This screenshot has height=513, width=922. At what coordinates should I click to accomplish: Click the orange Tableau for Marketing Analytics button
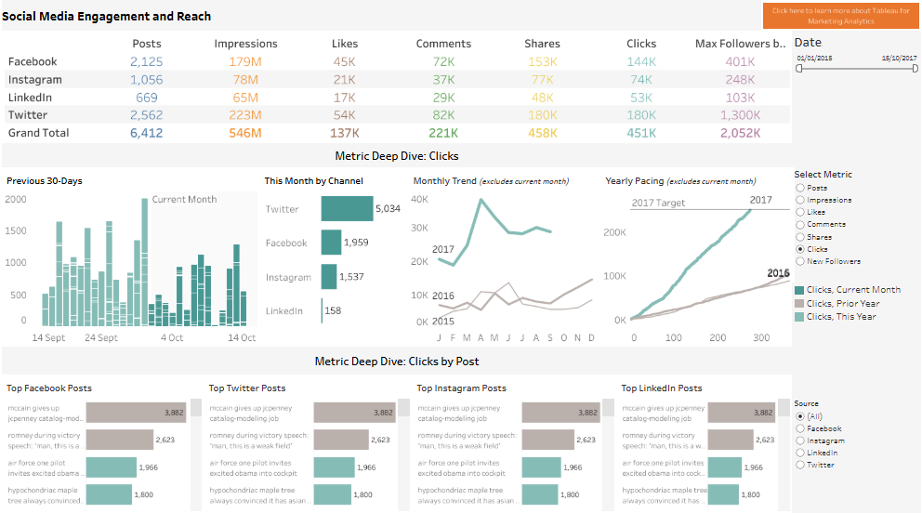(x=840, y=15)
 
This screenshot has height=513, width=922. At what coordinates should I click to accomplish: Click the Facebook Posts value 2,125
(x=147, y=62)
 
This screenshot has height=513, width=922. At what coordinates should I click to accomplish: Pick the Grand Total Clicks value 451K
(x=641, y=133)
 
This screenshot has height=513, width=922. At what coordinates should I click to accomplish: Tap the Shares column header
(x=542, y=44)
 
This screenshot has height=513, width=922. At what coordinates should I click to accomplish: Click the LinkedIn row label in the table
(x=30, y=98)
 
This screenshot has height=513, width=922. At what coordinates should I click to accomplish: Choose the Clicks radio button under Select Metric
(x=800, y=249)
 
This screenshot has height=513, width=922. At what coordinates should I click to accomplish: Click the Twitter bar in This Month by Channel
(x=347, y=209)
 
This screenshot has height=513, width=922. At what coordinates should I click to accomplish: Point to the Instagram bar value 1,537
(x=352, y=277)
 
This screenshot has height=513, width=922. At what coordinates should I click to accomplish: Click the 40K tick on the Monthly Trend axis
(x=420, y=199)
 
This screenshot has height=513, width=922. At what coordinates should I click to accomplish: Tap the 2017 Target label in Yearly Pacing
(x=658, y=203)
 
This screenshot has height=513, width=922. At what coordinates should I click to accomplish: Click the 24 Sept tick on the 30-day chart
(x=101, y=338)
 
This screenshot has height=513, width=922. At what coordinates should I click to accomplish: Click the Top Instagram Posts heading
(x=461, y=388)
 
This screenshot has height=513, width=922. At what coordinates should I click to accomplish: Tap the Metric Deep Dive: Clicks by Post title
(x=397, y=361)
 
